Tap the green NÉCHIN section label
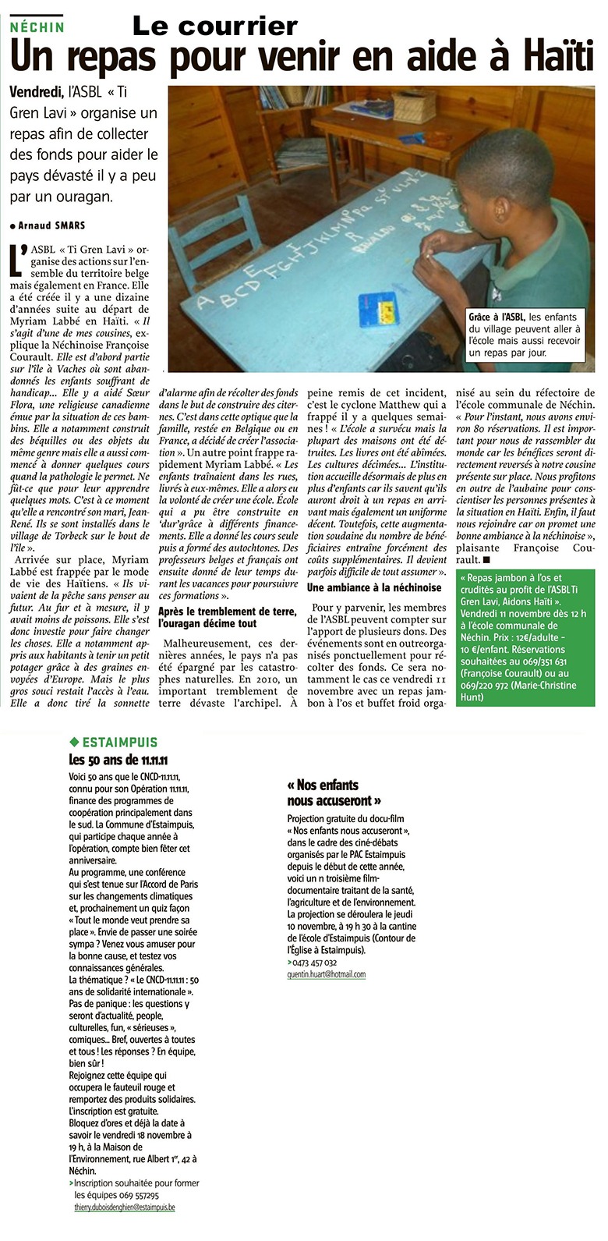click(37, 27)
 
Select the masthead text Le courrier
click(215, 26)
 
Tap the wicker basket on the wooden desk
click(414, 107)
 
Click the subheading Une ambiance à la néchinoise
click(374, 587)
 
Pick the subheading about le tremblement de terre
click(218, 618)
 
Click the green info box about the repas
click(525, 637)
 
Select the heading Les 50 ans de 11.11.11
click(118, 760)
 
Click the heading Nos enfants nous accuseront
click(334, 792)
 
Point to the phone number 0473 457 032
click(315, 963)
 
